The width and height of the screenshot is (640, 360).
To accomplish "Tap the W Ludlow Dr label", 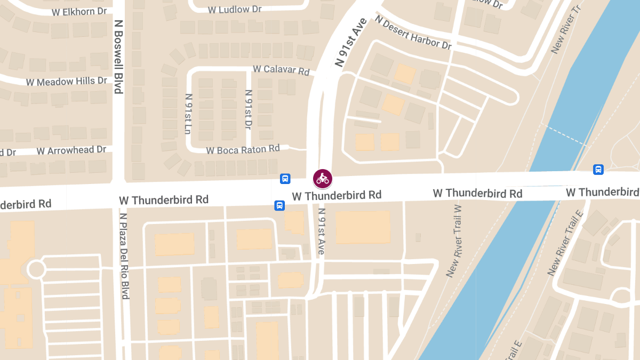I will point(235,9).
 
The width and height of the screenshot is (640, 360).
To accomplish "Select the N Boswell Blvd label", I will point(118,57).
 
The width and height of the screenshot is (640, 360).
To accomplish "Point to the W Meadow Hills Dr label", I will point(67,82).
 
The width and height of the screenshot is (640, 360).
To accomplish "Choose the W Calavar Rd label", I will point(281,70).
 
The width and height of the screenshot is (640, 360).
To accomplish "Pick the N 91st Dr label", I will point(248,110).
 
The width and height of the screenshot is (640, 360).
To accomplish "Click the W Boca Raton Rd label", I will point(243,149).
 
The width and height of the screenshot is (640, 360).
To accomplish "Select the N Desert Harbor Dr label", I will point(413,33).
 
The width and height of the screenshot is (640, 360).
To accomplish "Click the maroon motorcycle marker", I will point(322,179).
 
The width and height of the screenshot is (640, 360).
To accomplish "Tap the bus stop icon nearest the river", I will point(598,170).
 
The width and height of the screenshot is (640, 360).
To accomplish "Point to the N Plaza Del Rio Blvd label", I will point(124,256).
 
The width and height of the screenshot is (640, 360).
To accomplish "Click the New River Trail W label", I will point(454,241).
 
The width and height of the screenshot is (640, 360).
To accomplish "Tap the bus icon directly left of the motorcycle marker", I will point(285,179).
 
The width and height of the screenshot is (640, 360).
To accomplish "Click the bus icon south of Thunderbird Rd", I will point(279,205).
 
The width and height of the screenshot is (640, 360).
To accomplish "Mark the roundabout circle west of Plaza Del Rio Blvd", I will point(36,268).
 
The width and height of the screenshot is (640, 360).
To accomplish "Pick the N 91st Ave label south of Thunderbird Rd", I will point(321,231).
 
